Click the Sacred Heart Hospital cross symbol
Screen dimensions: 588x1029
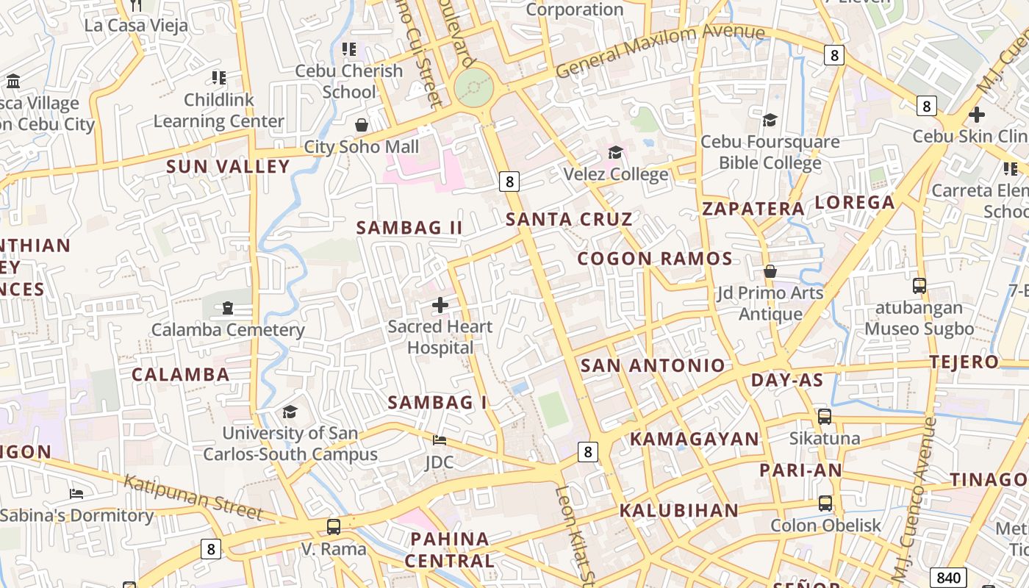click(440, 304)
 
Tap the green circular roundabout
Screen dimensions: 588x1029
click(474, 88)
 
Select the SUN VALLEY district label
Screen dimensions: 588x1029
click(228, 167)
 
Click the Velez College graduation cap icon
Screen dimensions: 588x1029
click(615, 152)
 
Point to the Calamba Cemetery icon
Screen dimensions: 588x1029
click(228, 307)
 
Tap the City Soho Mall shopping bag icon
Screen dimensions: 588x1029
click(361, 125)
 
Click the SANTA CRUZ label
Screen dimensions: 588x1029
click(569, 219)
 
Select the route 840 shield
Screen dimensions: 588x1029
click(947, 577)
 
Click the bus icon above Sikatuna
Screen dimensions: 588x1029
click(825, 417)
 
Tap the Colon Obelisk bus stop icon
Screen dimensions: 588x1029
click(825, 503)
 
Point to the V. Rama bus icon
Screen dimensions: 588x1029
click(334, 526)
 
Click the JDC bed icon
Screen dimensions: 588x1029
click(440, 440)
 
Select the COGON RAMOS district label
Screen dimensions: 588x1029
click(654, 259)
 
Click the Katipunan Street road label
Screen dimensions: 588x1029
click(193, 497)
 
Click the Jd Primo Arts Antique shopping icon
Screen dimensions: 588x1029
click(770, 271)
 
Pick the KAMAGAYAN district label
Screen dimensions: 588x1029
click(695, 439)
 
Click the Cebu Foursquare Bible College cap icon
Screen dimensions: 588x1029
click(770, 119)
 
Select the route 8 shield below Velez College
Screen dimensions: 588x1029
click(509, 181)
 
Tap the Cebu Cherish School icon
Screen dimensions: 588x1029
click(349, 49)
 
